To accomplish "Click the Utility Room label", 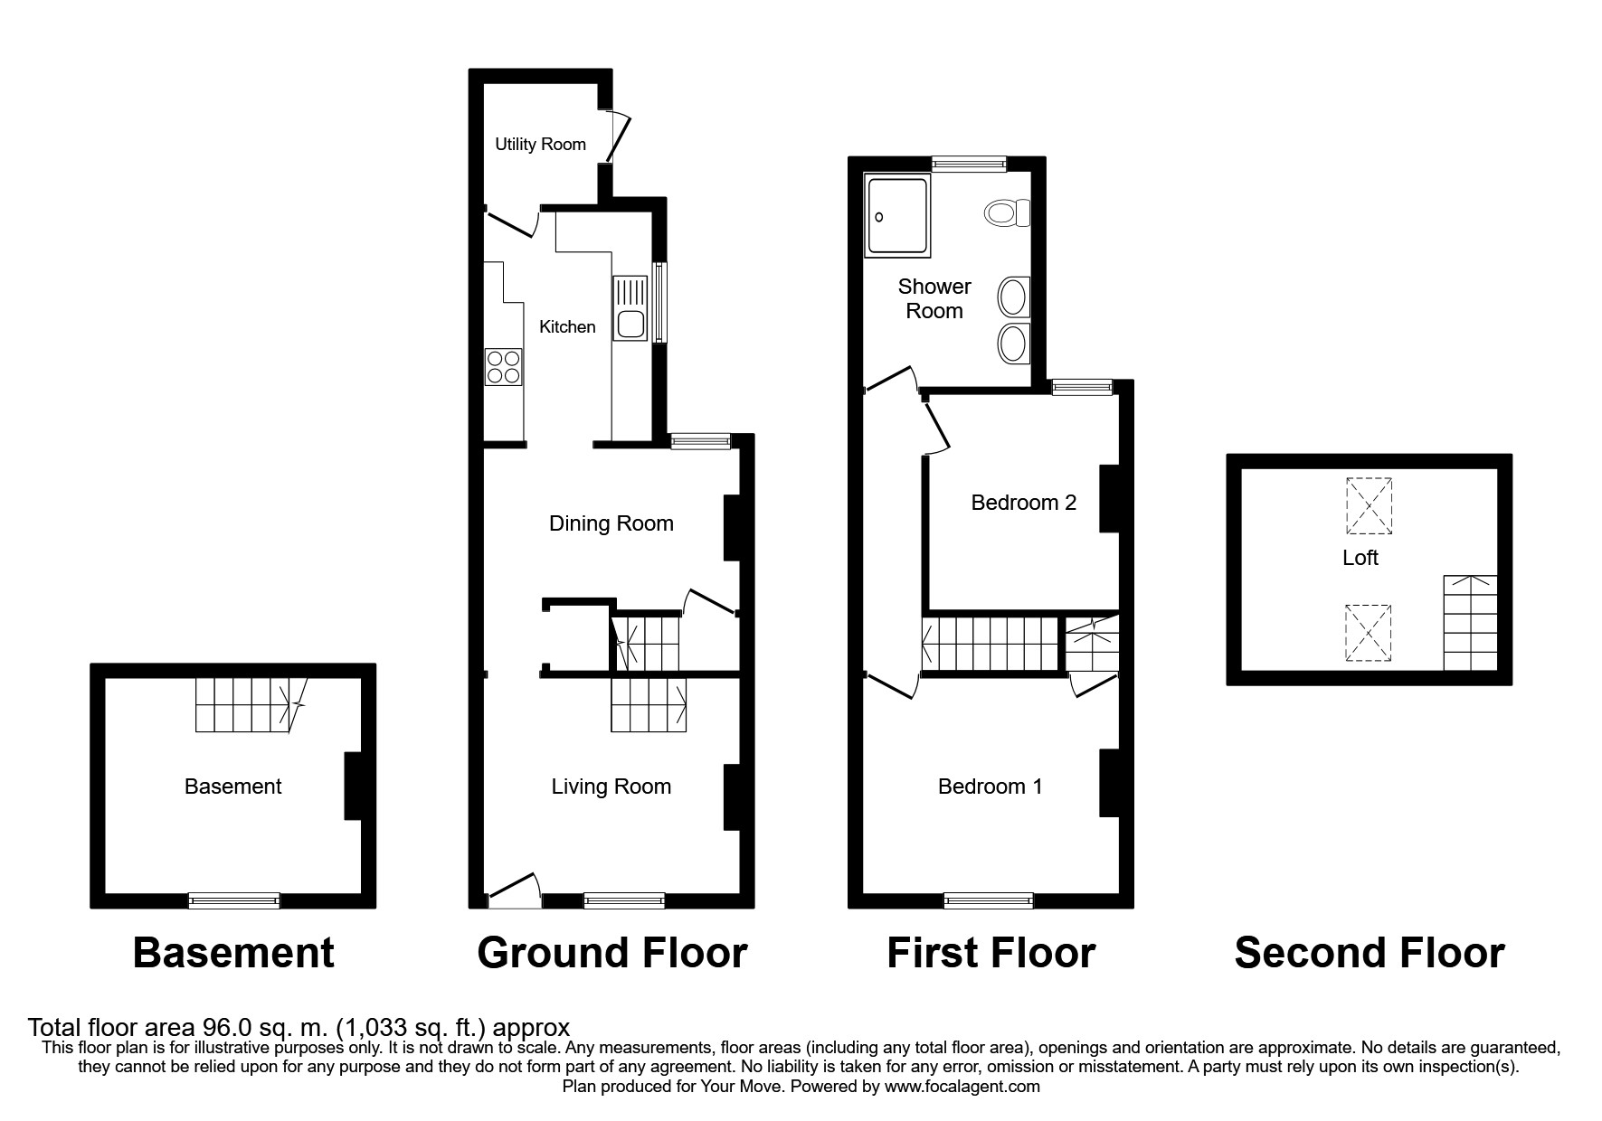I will tap(540, 144).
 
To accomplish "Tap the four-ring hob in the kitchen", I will tap(504, 366).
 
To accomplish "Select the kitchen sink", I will tap(628, 310).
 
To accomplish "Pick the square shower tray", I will tap(896, 215).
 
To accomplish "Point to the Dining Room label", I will tap(611, 523).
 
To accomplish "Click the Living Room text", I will tap(611, 787).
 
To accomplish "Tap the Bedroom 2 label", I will tap(1023, 503).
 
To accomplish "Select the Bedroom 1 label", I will tap(990, 787).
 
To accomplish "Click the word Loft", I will tap(1360, 558).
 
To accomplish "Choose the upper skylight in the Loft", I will tap(1368, 505).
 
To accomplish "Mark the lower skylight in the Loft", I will tap(1368, 634).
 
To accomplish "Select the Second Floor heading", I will tap(1369, 953).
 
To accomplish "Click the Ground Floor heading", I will tap(611, 953).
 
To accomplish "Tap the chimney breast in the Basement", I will tap(353, 787).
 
